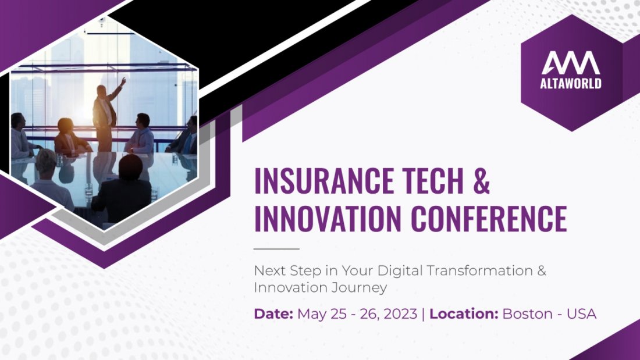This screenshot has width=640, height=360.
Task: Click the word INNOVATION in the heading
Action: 328,219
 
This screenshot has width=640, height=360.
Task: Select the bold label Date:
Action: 273,314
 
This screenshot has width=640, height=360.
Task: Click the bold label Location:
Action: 464,314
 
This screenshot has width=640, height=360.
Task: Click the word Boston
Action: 526,314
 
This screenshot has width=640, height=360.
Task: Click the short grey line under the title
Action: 276,249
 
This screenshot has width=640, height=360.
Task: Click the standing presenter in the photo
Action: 105,113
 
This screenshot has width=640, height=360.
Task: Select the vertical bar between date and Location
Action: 424,314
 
